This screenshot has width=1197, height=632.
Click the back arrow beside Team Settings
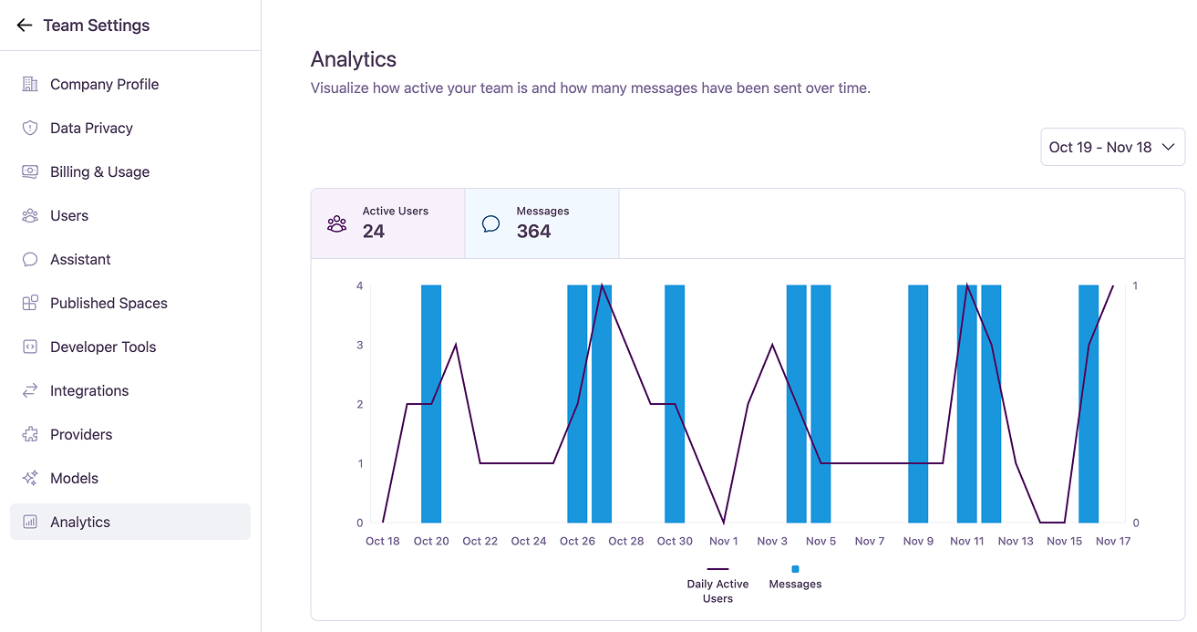click(x=25, y=26)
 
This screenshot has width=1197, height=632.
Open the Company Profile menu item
click(x=104, y=84)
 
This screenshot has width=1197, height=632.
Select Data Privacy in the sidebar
click(x=91, y=128)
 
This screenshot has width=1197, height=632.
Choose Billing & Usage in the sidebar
click(x=99, y=171)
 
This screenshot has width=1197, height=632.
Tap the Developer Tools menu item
click(x=103, y=347)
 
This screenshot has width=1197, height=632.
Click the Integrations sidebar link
click(x=89, y=390)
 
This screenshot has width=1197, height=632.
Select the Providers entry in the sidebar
click(x=81, y=434)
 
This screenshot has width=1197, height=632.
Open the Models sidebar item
click(x=74, y=478)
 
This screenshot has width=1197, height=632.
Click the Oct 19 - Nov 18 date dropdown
click(x=1112, y=147)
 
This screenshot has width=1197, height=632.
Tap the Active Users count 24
click(x=374, y=232)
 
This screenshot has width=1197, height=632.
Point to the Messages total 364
click(x=533, y=232)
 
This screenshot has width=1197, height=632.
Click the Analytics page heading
click(x=354, y=59)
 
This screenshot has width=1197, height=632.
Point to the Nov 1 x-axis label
click(x=724, y=541)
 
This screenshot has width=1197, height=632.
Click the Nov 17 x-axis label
click(x=1113, y=541)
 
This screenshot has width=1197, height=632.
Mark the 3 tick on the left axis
click(x=360, y=345)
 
